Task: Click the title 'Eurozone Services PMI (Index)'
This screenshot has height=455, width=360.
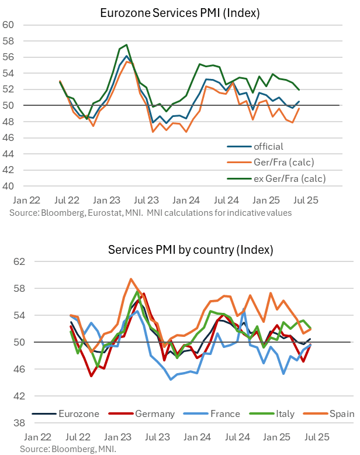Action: point(172,12)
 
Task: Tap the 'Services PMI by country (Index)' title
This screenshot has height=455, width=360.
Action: point(191,250)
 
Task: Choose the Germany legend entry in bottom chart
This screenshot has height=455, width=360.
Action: point(155,413)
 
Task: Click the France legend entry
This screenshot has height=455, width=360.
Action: point(225,413)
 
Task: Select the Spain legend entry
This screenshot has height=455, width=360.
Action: point(341,413)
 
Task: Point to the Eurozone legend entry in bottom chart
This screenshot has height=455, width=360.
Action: point(79,413)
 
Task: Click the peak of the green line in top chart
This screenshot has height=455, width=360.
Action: point(127,44)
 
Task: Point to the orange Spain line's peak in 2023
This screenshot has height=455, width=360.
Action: point(131,279)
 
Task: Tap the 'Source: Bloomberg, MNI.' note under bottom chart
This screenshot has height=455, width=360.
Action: point(68,449)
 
